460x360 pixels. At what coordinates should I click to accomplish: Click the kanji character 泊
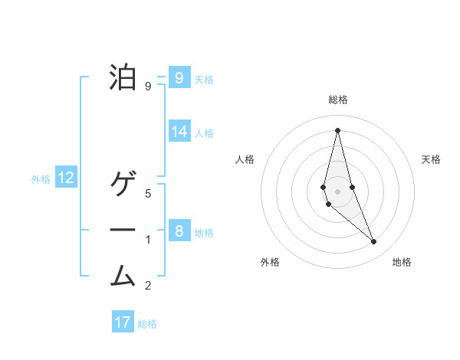(123, 77)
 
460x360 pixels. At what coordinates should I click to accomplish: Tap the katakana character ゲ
(123, 185)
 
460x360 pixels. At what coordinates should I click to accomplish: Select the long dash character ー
(123, 230)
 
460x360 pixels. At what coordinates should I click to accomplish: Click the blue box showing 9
(179, 77)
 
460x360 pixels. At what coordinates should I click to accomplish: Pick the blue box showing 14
(179, 131)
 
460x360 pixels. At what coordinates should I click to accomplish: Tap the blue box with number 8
(179, 231)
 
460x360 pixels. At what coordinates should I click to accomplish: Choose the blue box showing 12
(66, 178)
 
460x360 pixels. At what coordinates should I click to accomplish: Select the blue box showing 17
(123, 322)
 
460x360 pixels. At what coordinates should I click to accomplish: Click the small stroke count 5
(148, 193)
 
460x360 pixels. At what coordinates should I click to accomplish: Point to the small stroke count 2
(148, 286)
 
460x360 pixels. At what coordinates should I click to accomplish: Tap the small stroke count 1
(148, 240)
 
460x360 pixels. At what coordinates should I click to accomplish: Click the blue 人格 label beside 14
(204, 133)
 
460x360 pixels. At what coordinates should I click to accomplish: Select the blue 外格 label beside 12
(41, 179)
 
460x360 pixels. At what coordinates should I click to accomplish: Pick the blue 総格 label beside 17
(147, 324)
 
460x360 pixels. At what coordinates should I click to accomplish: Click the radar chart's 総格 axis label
(338, 100)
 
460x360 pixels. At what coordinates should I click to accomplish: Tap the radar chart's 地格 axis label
(402, 262)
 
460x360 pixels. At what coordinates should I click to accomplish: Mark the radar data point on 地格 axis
(373, 242)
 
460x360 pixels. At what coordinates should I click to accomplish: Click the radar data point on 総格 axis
(337, 129)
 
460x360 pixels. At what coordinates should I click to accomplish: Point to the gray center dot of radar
(337, 191)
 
